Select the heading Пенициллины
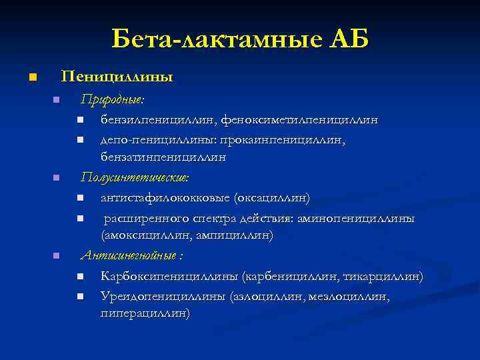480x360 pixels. (x=117, y=77)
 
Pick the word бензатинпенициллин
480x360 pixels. (x=163, y=158)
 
